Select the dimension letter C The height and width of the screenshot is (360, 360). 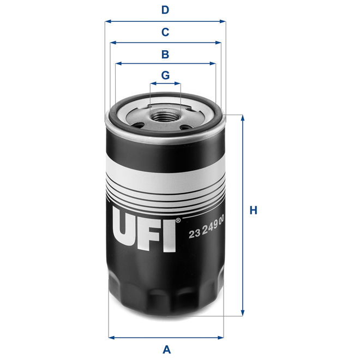(165, 32)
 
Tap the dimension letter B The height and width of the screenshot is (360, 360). (165, 54)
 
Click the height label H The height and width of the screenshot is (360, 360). (253, 211)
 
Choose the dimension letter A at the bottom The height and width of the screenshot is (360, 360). (167, 349)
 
